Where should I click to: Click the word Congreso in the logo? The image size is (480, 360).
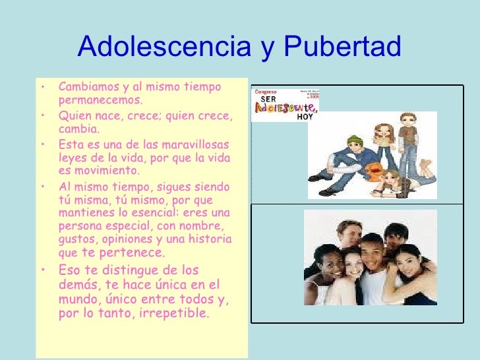click(x=266, y=92)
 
